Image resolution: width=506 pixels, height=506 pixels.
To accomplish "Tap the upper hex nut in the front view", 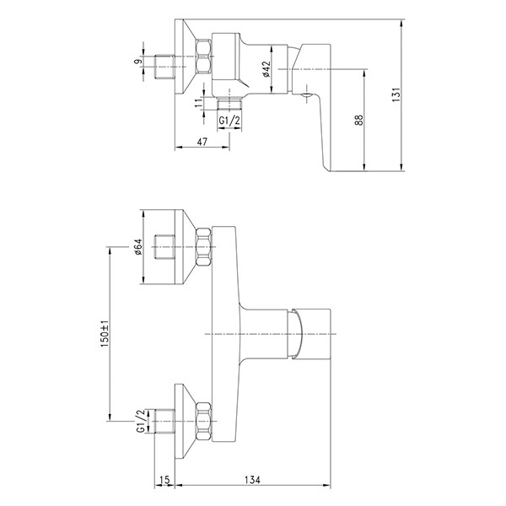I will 203,246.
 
